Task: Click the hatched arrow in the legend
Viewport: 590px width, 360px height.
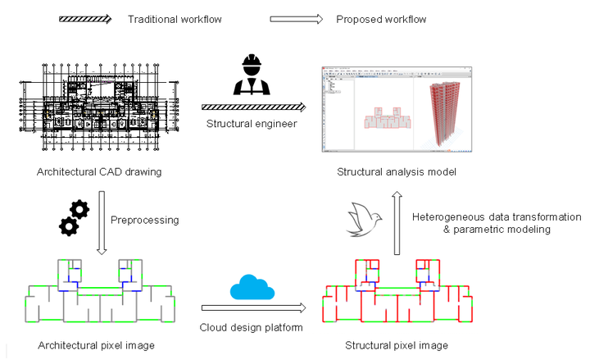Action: tap(85, 19)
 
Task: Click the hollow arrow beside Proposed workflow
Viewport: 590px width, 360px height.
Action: tap(296, 19)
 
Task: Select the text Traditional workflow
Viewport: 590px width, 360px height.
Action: tap(175, 19)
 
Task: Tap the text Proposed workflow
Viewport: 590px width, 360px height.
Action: tap(381, 19)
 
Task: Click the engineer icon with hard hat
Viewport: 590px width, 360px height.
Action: tap(252, 75)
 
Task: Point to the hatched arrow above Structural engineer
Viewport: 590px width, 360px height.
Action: tap(253, 107)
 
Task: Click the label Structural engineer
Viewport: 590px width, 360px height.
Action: tap(252, 124)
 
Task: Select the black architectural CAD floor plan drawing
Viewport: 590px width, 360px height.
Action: tap(99, 107)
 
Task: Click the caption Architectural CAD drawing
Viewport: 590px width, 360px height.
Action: tap(99, 171)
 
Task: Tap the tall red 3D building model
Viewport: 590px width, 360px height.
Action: tap(445, 113)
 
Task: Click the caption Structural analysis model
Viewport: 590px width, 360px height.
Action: tap(397, 171)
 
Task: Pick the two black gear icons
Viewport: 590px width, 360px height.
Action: tap(74, 218)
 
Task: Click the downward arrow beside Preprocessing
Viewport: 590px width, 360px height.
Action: tap(102, 223)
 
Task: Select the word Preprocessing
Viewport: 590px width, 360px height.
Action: tap(144, 220)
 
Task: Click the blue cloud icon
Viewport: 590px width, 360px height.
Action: tap(252, 287)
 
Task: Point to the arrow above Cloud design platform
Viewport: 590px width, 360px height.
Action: tap(253, 308)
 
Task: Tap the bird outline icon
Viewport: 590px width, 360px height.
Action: tap(364, 220)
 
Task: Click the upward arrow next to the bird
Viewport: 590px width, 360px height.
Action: tap(397, 223)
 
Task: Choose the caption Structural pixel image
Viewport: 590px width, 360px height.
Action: tap(397, 345)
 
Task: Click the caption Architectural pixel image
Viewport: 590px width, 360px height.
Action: tap(96, 345)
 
